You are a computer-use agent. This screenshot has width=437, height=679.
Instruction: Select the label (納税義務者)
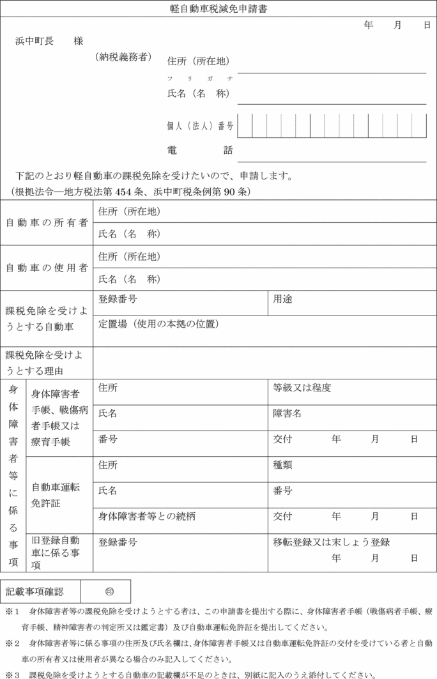(124, 57)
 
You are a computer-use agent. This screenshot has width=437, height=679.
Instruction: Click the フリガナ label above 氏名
(199, 78)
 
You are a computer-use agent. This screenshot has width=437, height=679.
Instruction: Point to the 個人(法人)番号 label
(200, 126)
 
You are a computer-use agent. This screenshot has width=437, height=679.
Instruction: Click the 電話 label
(200, 151)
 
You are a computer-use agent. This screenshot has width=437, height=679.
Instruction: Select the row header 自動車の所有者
(47, 223)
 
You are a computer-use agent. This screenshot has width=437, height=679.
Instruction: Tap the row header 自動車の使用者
(47, 268)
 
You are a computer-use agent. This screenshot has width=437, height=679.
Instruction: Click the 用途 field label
(283, 298)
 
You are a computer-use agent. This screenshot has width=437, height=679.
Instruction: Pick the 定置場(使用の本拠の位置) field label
(159, 324)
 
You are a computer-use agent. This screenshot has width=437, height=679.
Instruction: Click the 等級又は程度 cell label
(302, 388)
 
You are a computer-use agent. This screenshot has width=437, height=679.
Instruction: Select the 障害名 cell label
(287, 413)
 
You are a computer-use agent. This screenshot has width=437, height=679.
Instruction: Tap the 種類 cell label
(283, 466)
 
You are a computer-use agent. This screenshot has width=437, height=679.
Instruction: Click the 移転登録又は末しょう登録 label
(332, 542)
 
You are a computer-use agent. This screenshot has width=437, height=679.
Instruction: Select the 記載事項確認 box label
(35, 591)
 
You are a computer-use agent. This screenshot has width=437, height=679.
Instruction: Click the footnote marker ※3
(13, 674)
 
